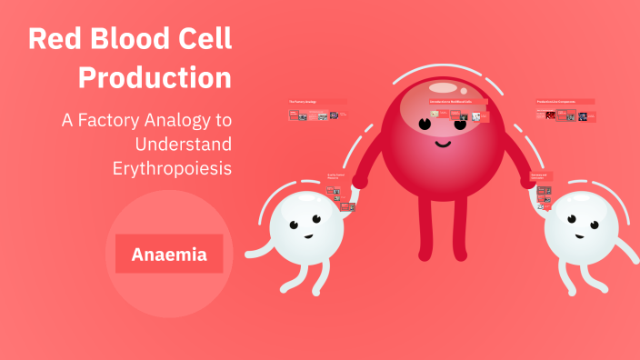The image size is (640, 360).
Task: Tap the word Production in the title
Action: pyautogui.click(x=155, y=77)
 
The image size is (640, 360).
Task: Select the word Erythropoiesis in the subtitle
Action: pyautogui.click(x=172, y=168)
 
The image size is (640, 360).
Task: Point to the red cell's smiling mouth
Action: pyautogui.click(x=442, y=143)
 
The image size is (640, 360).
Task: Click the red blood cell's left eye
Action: pyautogui.click(x=425, y=121)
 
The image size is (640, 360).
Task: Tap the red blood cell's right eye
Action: pyautogui.click(x=461, y=120)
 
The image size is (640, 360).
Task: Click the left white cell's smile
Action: pyautogui.click(x=308, y=235)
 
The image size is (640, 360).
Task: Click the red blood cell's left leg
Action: pyautogui.click(x=425, y=227)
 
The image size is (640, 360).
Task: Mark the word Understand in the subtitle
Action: pyautogui.click(x=182, y=144)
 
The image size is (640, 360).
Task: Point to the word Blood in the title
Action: pyautogui.click(x=127, y=39)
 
